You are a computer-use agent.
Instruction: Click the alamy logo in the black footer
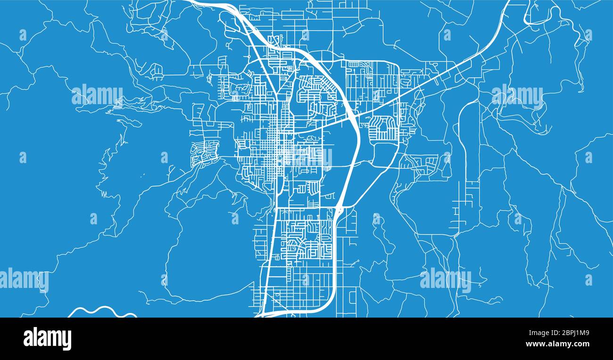(x=47, y=339)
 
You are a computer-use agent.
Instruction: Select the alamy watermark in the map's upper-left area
(x=97, y=95)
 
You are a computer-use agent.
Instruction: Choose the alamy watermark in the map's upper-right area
(x=517, y=95)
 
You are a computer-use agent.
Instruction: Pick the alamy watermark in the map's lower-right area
(x=445, y=279)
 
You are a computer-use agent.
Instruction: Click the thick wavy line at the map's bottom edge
(x=101, y=311)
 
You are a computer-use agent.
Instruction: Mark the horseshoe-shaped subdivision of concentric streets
(x=383, y=128)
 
